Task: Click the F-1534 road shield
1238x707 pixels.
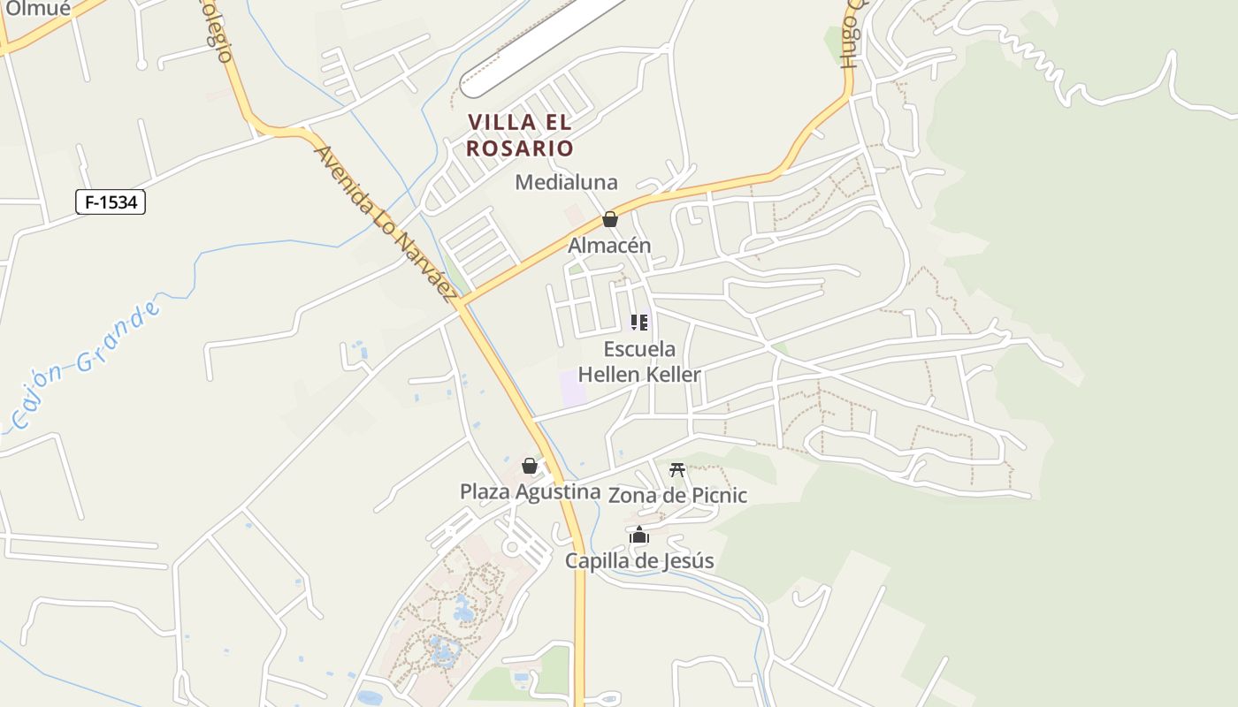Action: (111, 202)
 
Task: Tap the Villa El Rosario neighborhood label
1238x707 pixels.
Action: (520, 135)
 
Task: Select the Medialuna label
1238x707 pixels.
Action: (566, 182)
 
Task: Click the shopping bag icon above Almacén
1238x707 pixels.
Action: (609, 219)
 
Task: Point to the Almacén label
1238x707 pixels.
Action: (609, 246)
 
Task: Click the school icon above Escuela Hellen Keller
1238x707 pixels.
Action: (639, 322)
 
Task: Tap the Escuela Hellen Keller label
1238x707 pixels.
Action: (639, 361)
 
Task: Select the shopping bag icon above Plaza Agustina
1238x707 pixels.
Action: (530, 465)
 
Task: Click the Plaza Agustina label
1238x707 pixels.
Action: (523, 491)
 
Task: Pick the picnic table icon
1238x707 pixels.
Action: (677, 469)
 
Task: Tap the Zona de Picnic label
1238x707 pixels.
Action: (677, 495)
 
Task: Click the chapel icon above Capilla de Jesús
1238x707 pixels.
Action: (639, 535)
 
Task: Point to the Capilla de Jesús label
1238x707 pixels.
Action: (639, 560)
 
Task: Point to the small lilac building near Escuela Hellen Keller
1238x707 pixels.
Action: (573, 388)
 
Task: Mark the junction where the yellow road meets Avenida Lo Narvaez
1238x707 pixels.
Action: (460, 305)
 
